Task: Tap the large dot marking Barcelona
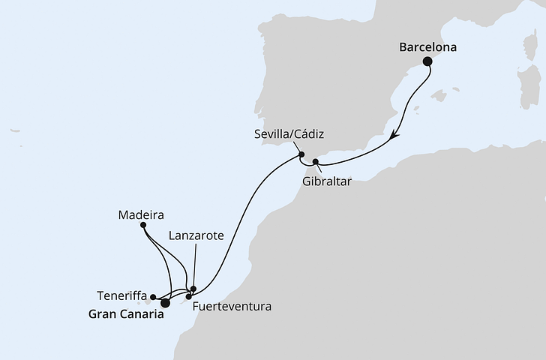(428, 62)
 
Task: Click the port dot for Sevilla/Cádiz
(301, 156)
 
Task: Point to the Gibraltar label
(328, 182)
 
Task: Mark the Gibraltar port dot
(316, 161)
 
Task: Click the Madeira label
(142, 213)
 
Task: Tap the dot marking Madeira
(143, 224)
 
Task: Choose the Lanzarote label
(196, 235)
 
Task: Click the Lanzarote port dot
(193, 289)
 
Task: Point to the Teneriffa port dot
(153, 296)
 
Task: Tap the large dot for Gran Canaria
(166, 303)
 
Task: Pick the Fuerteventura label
(230, 307)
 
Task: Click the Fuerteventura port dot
(189, 297)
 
